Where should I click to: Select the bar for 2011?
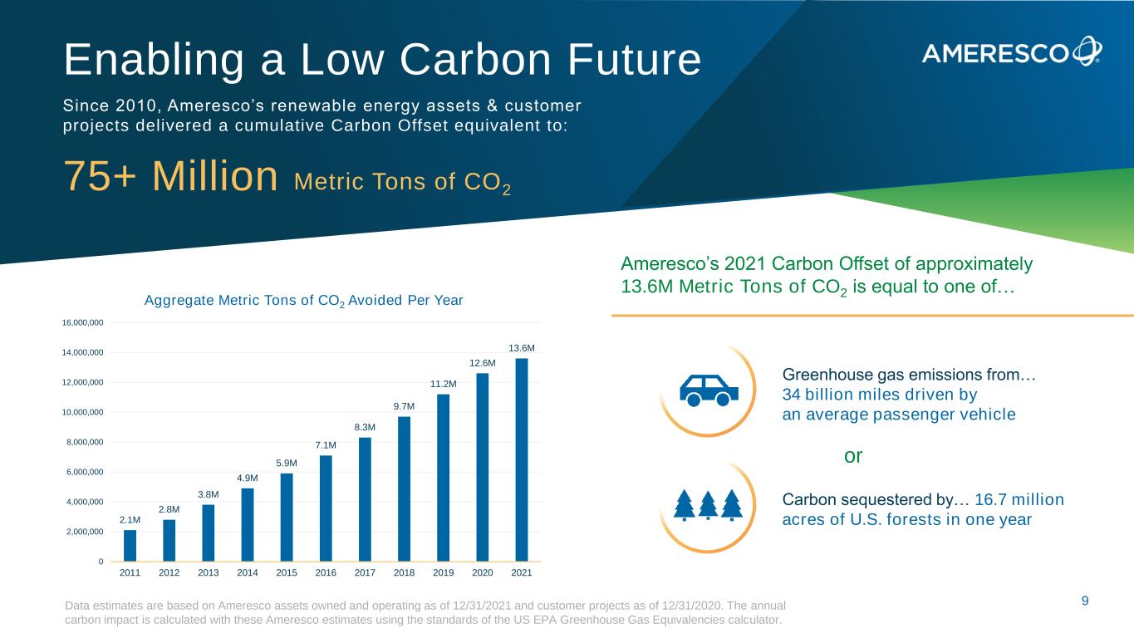tap(130, 546)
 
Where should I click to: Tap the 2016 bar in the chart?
tap(326, 508)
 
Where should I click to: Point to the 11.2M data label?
tap(444, 384)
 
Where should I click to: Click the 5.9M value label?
tap(287, 463)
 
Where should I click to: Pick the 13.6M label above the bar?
tap(522, 347)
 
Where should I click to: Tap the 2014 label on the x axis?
tap(248, 573)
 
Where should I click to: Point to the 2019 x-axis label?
tap(443, 573)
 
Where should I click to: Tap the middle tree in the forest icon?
tap(708, 504)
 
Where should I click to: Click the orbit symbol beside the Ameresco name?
tap(1086, 51)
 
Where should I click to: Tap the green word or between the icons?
tap(853, 456)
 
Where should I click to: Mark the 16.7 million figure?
tap(1019, 500)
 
